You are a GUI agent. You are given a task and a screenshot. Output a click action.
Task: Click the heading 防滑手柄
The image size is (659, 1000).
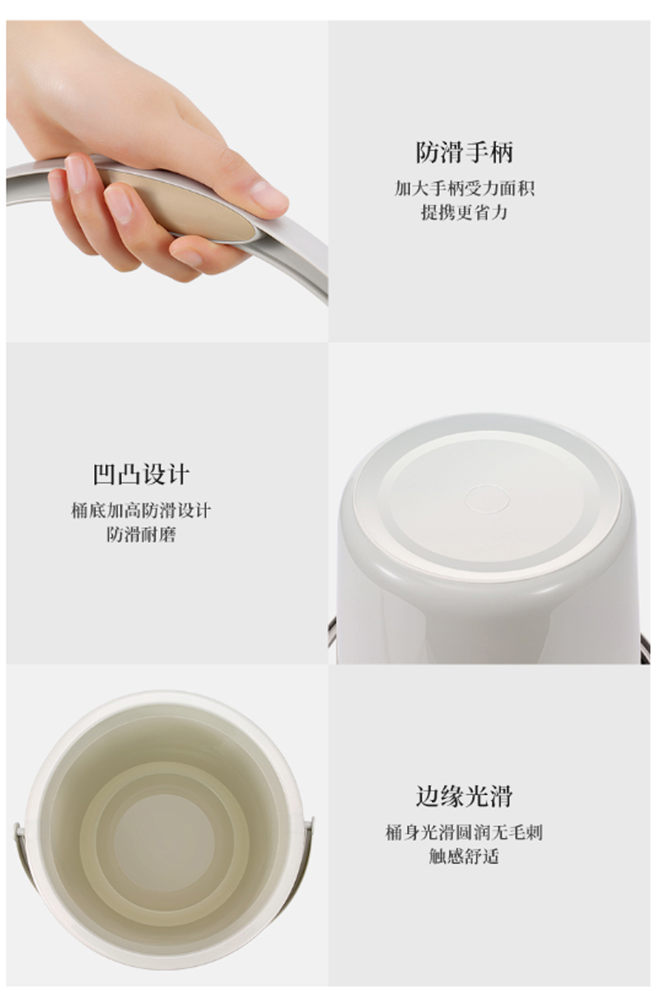click(465, 152)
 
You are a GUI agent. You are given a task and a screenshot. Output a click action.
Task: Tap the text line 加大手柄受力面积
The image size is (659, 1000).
click(465, 189)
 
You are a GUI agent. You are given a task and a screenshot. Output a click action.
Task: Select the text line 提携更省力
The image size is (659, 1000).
click(465, 212)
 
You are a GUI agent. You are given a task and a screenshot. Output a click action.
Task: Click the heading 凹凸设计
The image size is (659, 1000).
click(141, 474)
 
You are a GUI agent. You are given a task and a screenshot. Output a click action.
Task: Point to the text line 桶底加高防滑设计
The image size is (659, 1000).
click(141, 510)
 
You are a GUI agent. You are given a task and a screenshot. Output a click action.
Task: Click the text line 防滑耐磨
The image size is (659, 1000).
click(141, 534)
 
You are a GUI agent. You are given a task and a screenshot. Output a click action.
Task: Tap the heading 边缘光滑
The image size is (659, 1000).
click(465, 797)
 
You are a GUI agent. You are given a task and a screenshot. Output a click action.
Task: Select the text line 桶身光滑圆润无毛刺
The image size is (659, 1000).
click(465, 833)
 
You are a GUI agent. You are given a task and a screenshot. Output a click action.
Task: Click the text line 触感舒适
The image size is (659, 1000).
click(465, 856)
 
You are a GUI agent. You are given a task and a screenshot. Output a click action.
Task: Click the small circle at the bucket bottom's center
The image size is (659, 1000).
click(486, 499)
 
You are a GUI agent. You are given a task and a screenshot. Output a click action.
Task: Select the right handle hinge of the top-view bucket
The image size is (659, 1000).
click(311, 830)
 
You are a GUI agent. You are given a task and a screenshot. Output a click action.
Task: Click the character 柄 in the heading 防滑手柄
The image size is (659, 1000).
click(502, 152)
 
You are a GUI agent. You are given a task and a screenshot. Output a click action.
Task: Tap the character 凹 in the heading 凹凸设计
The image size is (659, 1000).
click(104, 474)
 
